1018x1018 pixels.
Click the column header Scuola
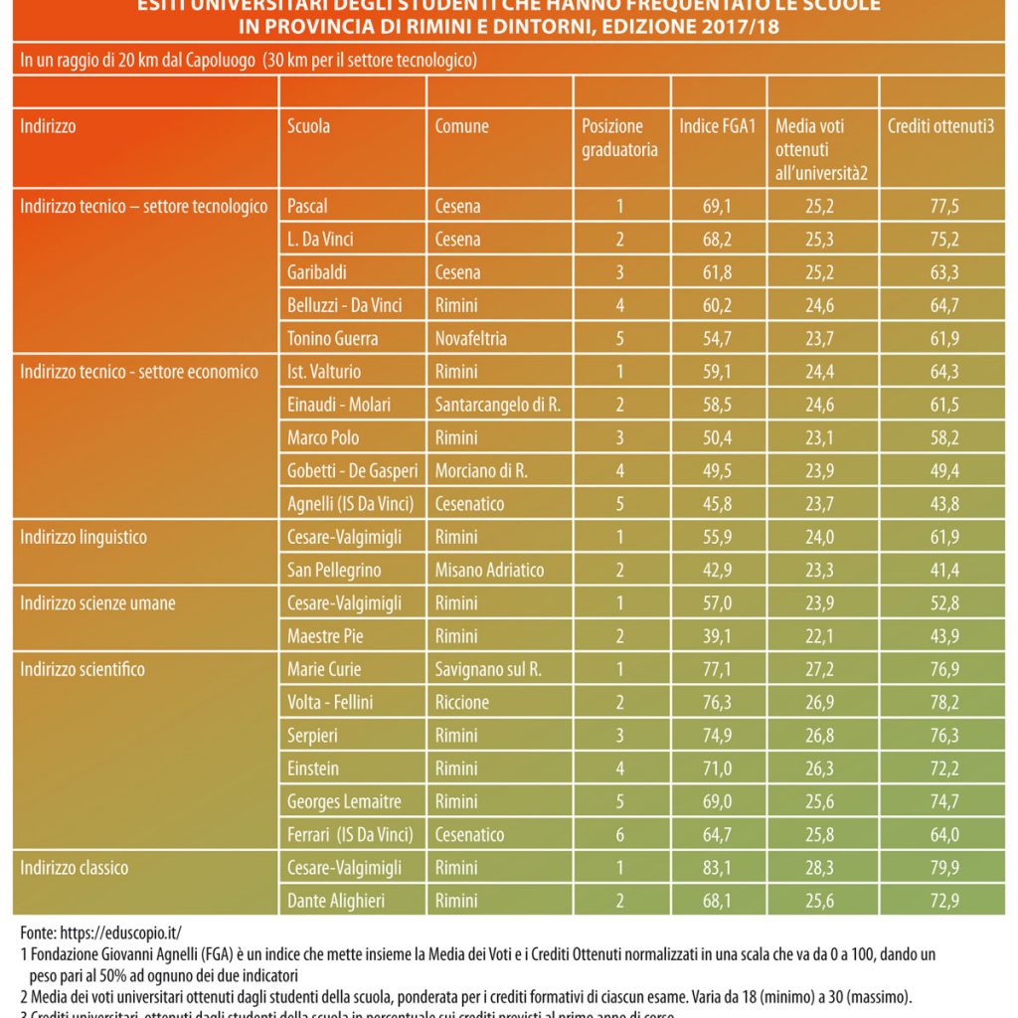click(x=308, y=127)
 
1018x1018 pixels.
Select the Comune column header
click(x=461, y=127)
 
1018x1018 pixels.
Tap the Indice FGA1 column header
click(x=718, y=127)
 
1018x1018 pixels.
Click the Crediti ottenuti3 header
click(x=940, y=127)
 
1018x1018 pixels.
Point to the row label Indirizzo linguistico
click(x=84, y=538)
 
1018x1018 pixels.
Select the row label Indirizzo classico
click(x=75, y=868)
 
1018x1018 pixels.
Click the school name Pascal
click(x=306, y=207)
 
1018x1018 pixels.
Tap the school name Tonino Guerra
click(x=332, y=339)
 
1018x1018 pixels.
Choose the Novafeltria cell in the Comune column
click(x=470, y=339)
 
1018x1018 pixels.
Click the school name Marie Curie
click(x=323, y=670)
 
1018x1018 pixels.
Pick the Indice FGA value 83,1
click(x=718, y=868)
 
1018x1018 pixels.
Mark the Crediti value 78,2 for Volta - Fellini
click(x=943, y=703)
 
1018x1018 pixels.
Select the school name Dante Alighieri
click(x=335, y=902)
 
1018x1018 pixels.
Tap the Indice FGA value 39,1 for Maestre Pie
click(x=718, y=636)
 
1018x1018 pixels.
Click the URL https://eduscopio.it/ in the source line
click(x=119, y=933)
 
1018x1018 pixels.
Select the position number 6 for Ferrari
click(x=620, y=835)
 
